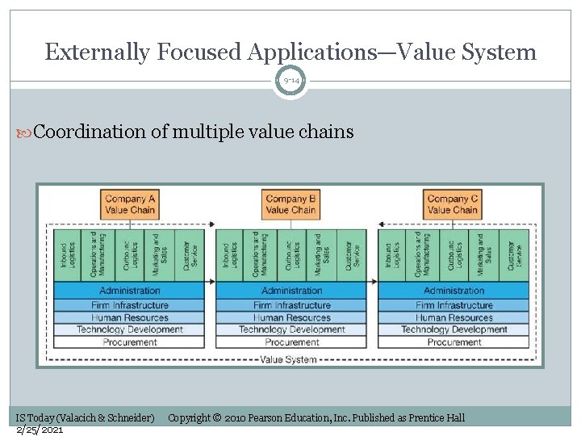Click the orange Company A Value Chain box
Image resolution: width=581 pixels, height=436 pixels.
(129, 204)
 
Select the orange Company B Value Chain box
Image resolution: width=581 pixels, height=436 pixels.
(291, 204)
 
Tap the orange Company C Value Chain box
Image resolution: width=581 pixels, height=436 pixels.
(454, 204)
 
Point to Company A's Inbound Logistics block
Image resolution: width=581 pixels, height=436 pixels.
(65, 255)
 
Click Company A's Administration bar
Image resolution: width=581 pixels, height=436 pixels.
(129, 291)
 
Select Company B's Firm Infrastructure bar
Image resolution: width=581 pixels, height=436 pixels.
(291, 305)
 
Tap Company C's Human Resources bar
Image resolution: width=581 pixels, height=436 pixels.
(454, 317)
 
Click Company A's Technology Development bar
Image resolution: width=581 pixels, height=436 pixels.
(129, 329)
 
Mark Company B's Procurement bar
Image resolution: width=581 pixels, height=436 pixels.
(291, 342)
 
